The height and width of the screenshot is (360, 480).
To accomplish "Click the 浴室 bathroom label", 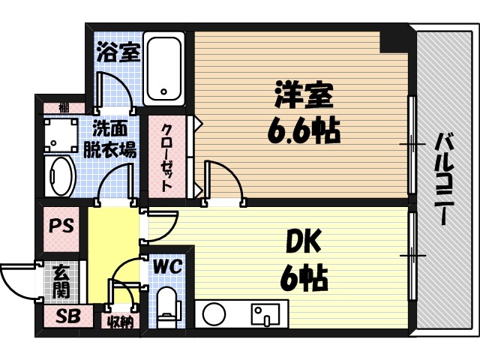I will (x=118, y=53).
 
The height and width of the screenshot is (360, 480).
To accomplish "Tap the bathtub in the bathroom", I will (x=166, y=67).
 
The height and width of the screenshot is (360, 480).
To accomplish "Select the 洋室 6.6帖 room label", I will (x=303, y=112).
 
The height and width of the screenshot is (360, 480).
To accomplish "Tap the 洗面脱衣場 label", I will (x=113, y=138).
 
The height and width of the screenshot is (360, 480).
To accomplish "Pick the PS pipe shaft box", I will (x=61, y=226).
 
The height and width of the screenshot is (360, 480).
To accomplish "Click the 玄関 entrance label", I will (x=61, y=281).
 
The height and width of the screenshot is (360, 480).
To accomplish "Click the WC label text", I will (x=166, y=266).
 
